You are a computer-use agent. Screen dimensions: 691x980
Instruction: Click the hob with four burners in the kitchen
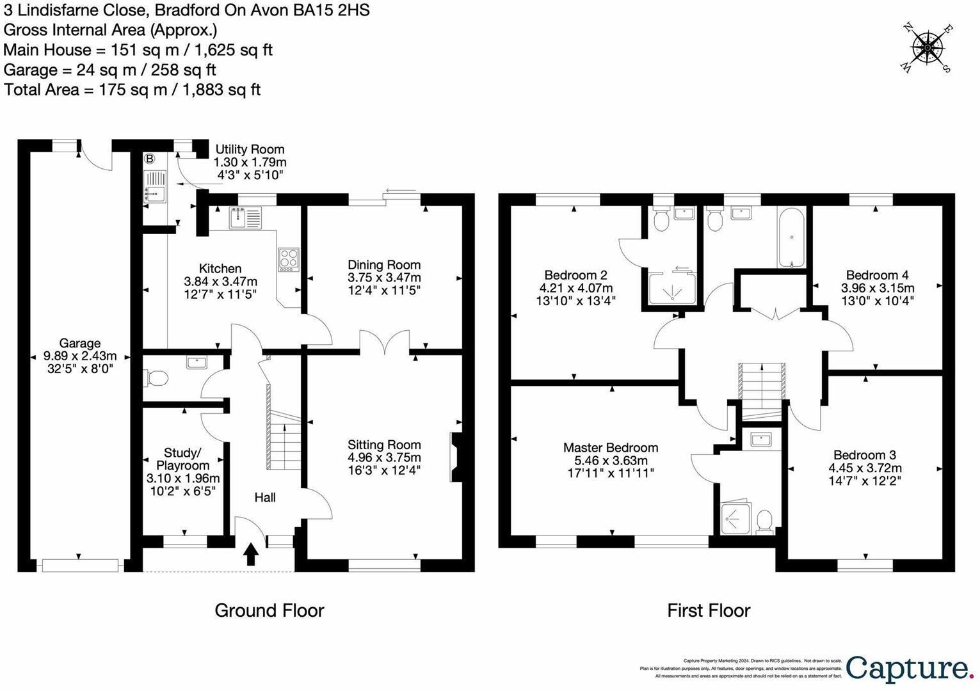[288, 260]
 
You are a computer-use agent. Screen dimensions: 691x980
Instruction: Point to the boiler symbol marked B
[150, 159]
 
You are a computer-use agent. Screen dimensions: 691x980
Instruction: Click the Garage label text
[80, 344]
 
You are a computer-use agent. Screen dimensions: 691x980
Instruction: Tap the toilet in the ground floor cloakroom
[154, 379]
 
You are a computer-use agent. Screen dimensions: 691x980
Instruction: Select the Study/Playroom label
[183, 459]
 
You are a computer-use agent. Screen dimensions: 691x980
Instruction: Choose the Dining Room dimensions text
[384, 284]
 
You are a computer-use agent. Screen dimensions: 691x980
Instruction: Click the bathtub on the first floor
[792, 238]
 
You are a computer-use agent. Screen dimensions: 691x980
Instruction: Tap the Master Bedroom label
[611, 448]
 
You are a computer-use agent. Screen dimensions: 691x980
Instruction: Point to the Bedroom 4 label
[877, 274]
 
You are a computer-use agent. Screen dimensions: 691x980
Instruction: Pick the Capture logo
[908, 669]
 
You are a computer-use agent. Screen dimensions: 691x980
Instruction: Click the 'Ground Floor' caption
[269, 610]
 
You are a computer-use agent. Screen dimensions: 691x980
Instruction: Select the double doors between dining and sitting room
[385, 342]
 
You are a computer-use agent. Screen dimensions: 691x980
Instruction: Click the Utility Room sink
[155, 186]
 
